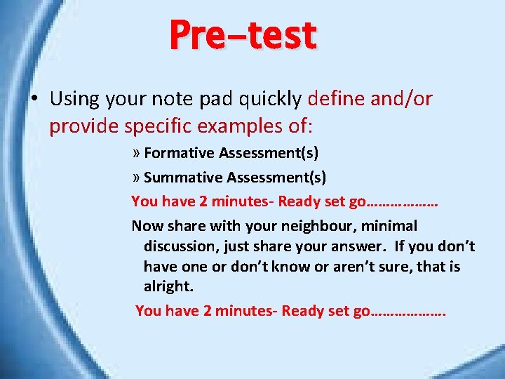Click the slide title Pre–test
(x=243, y=35)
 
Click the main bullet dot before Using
(x=33, y=99)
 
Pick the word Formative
(x=179, y=153)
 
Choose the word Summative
(x=182, y=178)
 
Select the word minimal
(x=389, y=226)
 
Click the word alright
(x=167, y=287)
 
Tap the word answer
(x=363, y=246)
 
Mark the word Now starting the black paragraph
(x=147, y=226)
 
